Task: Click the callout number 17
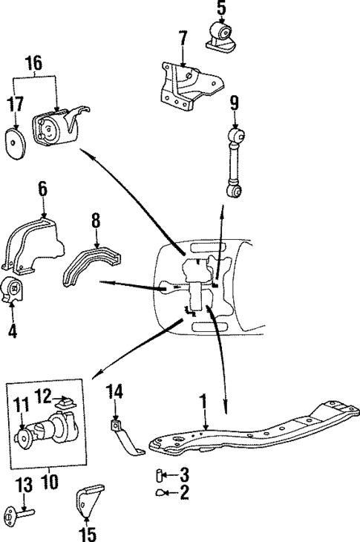(16, 103)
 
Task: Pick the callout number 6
(42, 189)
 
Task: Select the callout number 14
(115, 392)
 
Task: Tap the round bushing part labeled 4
(13, 292)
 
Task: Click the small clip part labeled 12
(66, 403)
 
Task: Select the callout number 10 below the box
(49, 480)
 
